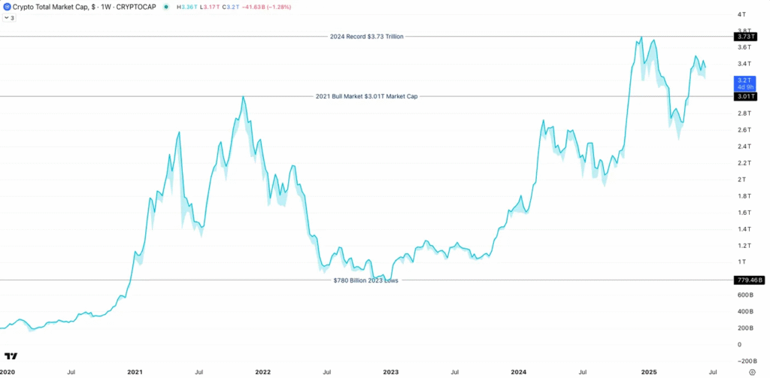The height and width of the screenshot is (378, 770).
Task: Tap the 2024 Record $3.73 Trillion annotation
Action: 367,36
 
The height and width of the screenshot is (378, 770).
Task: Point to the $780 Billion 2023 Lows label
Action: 365,280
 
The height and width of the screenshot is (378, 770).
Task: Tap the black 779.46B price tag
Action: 749,280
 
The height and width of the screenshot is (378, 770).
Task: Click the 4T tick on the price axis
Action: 741,14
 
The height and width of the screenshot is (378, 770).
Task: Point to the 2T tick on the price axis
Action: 741,180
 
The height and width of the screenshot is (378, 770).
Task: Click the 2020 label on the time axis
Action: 7,372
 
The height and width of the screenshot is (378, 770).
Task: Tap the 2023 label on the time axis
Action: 391,372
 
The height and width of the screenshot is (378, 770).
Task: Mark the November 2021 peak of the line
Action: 242,97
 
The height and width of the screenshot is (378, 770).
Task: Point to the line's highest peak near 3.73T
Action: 641,37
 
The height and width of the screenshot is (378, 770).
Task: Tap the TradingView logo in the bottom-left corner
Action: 11,356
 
